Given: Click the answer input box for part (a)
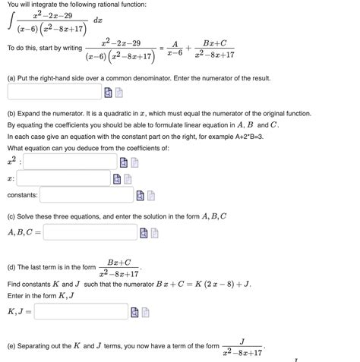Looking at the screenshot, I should pos(53,93).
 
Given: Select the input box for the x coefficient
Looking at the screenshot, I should pos(64,178).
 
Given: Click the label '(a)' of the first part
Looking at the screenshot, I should pos(12,77).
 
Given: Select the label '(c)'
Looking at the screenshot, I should pos(12,216).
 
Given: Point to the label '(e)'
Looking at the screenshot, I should pos(12,346).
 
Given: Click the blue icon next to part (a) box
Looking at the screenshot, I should pos(109,93).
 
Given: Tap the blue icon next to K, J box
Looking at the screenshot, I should pos(134,312).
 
